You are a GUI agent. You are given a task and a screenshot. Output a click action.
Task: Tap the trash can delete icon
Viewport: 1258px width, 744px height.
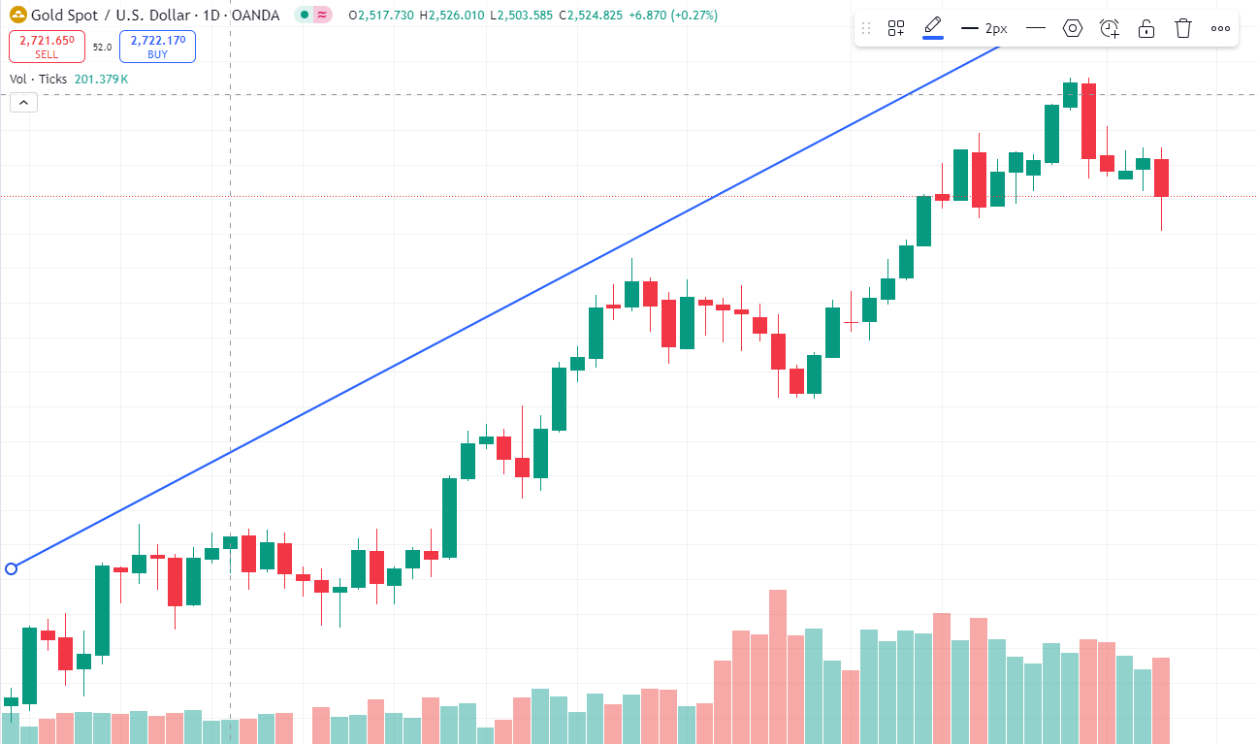coord(1182,28)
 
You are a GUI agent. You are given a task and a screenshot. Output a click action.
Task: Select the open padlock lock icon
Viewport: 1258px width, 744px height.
coord(1145,28)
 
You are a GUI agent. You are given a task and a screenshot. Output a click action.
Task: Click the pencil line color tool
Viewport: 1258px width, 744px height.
coord(932,27)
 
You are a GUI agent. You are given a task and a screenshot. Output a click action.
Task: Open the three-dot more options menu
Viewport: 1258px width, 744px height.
coord(1220,28)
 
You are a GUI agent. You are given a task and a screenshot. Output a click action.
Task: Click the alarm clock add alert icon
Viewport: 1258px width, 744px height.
coord(1110,28)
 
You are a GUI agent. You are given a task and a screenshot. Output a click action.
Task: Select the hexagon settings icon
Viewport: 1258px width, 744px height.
coord(1072,28)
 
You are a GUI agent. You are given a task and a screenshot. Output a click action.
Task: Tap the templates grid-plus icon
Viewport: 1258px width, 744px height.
coord(896,28)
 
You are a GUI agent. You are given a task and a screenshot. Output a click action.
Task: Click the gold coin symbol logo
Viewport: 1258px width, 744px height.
coord(18,16)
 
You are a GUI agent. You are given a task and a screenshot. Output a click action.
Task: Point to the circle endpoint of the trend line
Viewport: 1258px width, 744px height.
coord(12,568)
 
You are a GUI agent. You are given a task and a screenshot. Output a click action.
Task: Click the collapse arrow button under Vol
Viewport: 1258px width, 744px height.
coord(23,102)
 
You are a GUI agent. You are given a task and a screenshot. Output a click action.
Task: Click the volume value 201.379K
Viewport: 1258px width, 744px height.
coord(101,79)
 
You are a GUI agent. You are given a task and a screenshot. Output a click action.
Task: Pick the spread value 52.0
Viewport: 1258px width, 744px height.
coord(102,47)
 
